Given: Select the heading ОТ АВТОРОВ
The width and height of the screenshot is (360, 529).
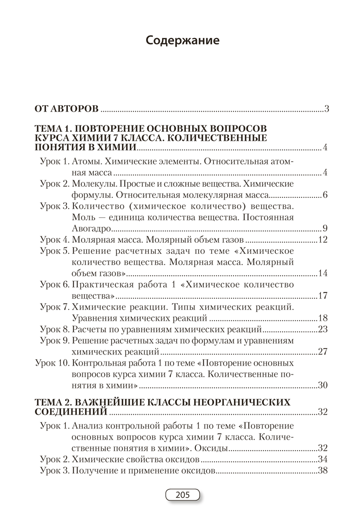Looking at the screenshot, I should coord(66,110).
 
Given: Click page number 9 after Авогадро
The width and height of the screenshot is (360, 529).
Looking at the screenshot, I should coord(326,229).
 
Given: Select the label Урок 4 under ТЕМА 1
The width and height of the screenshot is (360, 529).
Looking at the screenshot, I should coord(55,240).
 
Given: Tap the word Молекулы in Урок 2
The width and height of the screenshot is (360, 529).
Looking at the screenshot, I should coord(91,184).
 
